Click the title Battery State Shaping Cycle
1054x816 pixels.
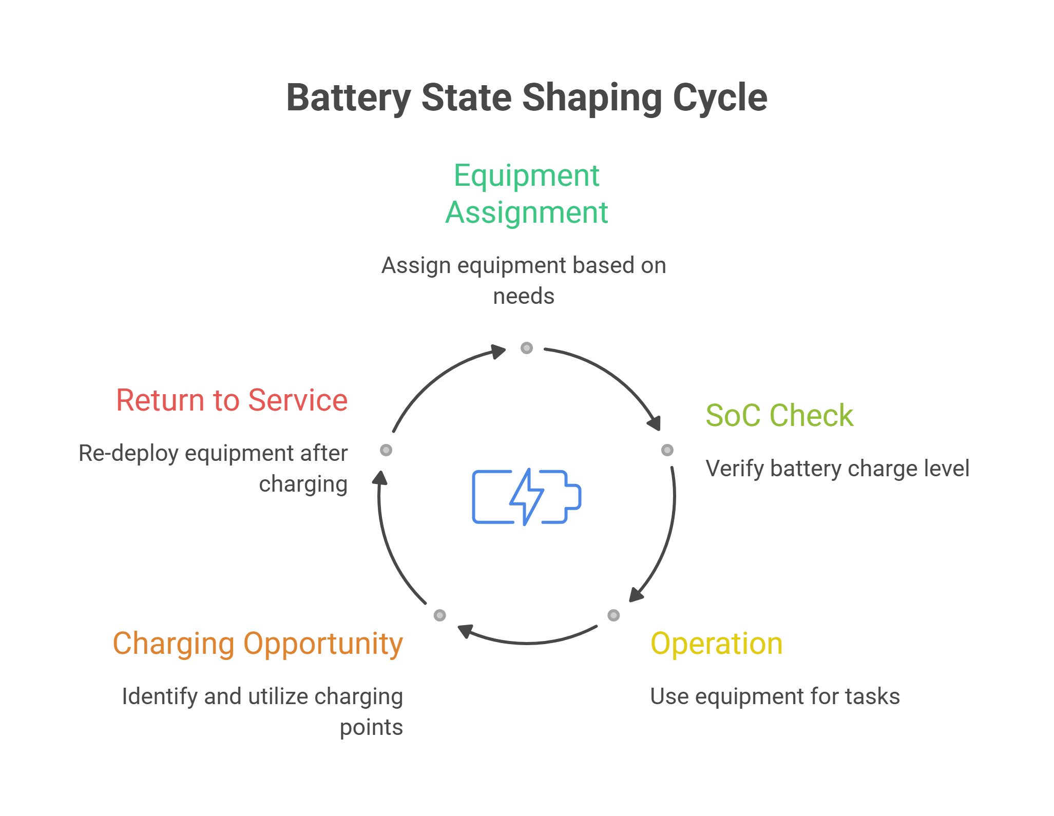pyautogui.click(x=527, y=98)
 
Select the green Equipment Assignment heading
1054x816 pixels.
pyautogui.click(x=527, y=194)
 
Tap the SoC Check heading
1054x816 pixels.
pyautogui.click(x=779, y=415)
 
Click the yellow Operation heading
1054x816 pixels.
pyautogui.click(x=717, y=644)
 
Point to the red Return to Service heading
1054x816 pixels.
pyautogui.click(x=232, y=400)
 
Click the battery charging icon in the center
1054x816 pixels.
pyautogui.click(x=527, y=497)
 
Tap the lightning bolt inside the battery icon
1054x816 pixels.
pyautogui.click(x=527, y=497)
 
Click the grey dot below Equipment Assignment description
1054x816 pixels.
pyautogui.click(x=527, y=348)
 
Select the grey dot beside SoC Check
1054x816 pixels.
pyautogui.click(x=667, y=450)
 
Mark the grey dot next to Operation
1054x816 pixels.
pyautogui.click(x=614, y=615)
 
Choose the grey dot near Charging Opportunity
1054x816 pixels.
pyautogui.click(x=440, y=615)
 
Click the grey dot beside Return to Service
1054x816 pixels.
pyautogui.click(x=386, y=450)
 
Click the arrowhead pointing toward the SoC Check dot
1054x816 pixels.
pyautogui.click(x=655, y=422)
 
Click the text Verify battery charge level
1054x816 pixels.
pyautogui.click(x=837, y=469)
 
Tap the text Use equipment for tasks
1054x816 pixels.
pyautogui.click(x=775, y=696)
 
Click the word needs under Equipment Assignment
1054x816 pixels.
pyautogui.click(x=524, y=296)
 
